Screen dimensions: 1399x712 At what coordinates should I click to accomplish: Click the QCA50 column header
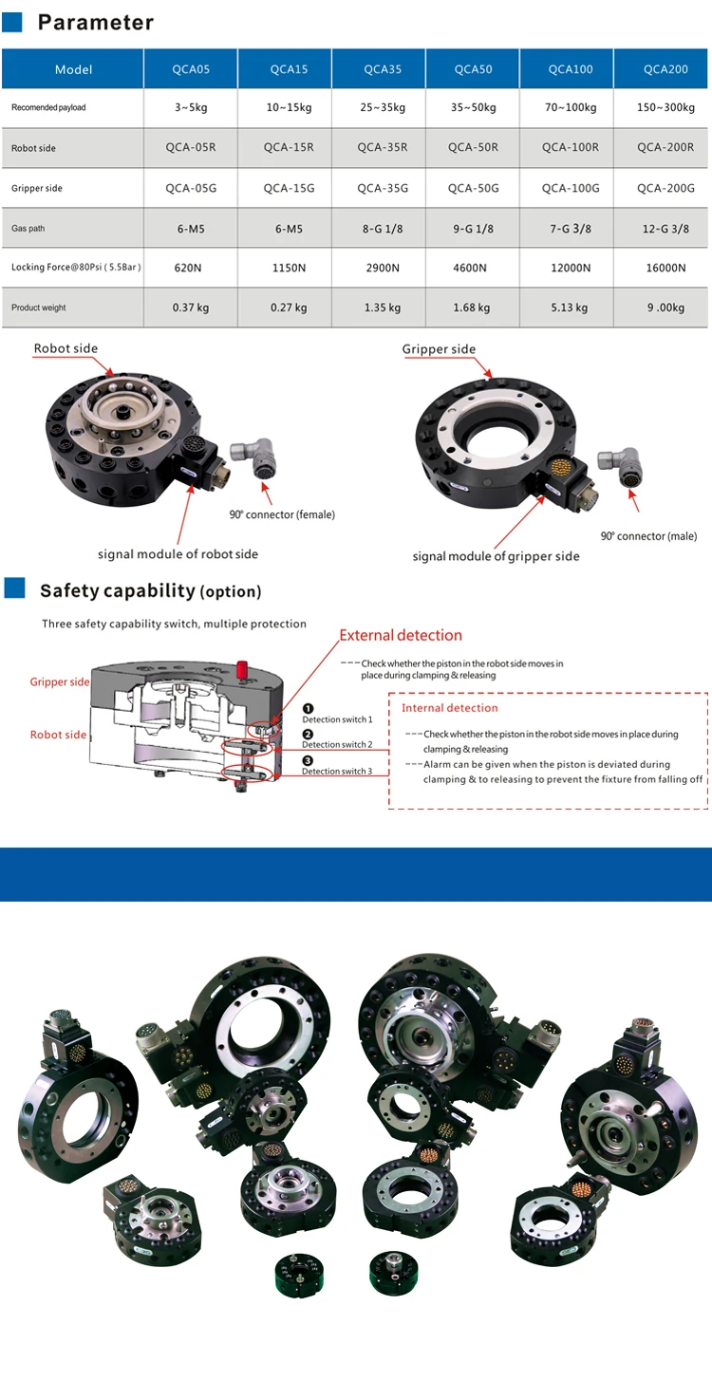coord(473,69)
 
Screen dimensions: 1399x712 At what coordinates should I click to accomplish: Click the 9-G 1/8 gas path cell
coord(473,229)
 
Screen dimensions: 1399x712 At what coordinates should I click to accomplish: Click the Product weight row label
coord(39,308)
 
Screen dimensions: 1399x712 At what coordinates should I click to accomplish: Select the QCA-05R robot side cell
coord(191,147)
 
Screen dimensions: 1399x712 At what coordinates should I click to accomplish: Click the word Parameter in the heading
coord(95,23)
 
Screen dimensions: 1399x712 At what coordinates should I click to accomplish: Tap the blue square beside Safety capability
coord(15,588)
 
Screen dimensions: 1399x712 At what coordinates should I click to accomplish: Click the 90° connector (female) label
coord(282,514)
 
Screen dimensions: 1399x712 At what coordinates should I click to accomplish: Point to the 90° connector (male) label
coord(648,536)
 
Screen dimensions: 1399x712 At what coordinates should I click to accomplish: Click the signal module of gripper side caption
coord(496,556)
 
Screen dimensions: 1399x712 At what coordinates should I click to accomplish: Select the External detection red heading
coord(401,635)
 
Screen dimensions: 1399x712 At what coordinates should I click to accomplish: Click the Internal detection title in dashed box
coord(449,708)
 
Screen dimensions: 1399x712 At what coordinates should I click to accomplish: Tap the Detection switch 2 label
coord(337,745)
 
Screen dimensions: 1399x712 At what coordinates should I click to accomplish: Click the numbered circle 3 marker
coord(308,760)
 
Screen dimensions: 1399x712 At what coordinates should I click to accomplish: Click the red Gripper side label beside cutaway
coord(60,682)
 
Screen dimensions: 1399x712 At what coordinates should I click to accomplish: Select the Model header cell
coord(73,69)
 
